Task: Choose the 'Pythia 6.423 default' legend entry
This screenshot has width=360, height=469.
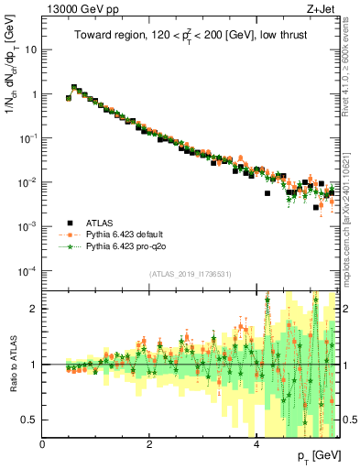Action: coord(129,234)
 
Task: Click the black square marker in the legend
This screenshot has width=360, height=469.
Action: coord(69,222)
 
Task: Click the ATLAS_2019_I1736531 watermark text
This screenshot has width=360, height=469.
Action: coord(191,275)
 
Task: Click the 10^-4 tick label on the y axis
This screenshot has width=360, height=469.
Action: coord(27,271)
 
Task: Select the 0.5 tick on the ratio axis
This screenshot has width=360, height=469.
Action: coord(29,420)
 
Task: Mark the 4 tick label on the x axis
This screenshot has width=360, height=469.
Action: coord(256,445)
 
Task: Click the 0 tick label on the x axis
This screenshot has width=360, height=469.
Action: coord(42,445)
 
